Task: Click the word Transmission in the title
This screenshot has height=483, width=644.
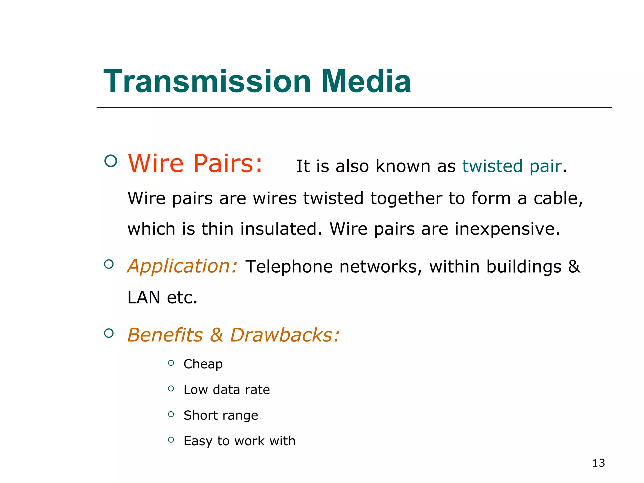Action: [207, 81]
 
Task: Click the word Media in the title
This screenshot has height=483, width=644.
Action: [366, 81]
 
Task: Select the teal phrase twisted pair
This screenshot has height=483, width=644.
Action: [512, 166]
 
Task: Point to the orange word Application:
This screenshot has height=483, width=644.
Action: [182, 266]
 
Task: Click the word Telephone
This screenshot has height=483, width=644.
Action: [289, 267]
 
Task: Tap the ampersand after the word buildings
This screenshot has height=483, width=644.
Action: [574, 266]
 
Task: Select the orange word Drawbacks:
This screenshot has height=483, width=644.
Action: [285, 335]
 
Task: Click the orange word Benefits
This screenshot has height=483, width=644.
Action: [165, 335]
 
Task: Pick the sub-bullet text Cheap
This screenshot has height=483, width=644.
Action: [203, 364]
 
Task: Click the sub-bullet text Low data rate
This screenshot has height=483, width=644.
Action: [227, 390]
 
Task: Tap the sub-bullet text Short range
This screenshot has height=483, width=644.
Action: [221, 416]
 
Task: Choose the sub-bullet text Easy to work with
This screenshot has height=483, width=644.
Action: [240, 441]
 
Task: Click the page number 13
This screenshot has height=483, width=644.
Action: [598, 463]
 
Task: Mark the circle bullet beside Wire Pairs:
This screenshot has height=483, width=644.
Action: [110, 161]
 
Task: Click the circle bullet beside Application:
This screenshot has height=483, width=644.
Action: [109, 264]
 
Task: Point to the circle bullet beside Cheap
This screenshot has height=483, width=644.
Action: [171, 363]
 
